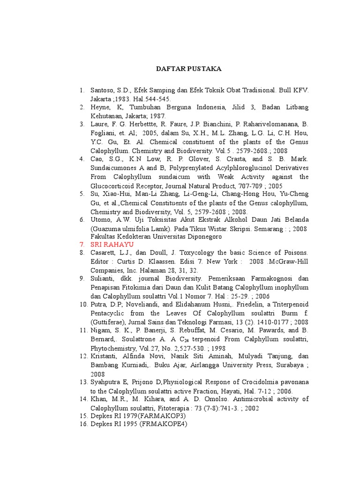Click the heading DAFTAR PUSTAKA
point(188,69)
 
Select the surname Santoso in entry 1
point(102,90)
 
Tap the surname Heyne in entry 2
point(100,107)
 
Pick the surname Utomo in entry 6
point(100,220)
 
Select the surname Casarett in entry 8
point(104,253)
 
